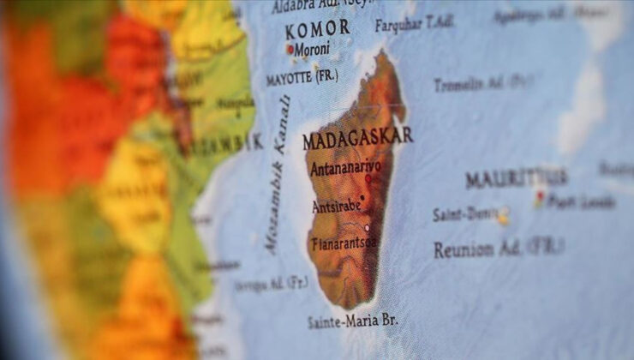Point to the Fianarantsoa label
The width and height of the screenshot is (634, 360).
coord(344,243)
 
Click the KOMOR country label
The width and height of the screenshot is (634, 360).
coord(317,28)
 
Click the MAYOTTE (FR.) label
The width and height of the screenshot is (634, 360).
coord(301,77)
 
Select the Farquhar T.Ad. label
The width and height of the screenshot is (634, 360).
coord(414,22)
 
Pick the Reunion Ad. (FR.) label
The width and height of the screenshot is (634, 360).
coord(498,249)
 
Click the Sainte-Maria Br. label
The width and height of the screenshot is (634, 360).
coord(351,321)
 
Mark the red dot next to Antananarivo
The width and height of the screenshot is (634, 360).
coord(368,180)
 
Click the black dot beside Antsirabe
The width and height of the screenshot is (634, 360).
coord(362,198)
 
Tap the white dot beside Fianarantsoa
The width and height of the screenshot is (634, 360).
coord(368,228)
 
